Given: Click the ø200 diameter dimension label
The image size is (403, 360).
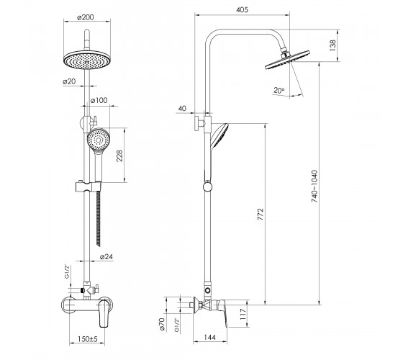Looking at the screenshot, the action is click(86, 17).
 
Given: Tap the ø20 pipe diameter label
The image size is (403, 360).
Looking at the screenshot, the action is click(69, 81).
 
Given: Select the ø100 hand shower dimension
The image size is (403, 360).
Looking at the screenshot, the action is click(99, 100).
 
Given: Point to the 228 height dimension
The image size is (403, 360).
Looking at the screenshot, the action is click(119, 156).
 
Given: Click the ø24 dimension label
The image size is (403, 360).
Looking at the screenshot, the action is click(107, 256).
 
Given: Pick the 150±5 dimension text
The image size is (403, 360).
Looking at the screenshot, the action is click(88, 339).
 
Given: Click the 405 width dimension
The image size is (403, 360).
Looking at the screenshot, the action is click(242, 10).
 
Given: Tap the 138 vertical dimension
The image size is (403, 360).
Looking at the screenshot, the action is click(332, 45).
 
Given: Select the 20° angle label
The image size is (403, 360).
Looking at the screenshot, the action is click(279, 91).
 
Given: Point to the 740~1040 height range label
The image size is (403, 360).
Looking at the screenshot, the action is click(314, 186).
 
